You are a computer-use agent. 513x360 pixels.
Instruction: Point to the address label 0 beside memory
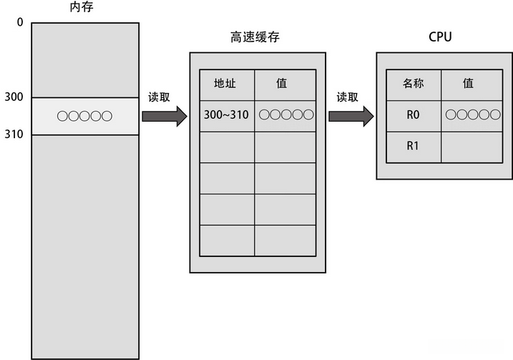click(x=20, y=22)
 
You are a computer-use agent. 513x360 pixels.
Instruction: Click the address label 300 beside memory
click(x=14, y=97)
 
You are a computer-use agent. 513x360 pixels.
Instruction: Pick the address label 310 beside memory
click(x=14, y=135)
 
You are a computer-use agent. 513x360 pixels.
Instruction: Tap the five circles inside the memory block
click(x=84, y=116)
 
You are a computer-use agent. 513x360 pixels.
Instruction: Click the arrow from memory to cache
click(x=163, y=116)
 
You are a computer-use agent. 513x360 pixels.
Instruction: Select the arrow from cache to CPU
click(x=351, y=116)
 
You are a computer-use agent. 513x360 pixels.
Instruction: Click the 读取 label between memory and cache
click(x=159, y=97)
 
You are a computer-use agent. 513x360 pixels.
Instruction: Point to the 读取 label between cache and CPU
click(x=348, y=97)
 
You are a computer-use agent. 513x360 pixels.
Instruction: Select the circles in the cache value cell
click(x=286, y=115)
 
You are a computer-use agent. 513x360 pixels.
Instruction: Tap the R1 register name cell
click(x=413, y=146)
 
